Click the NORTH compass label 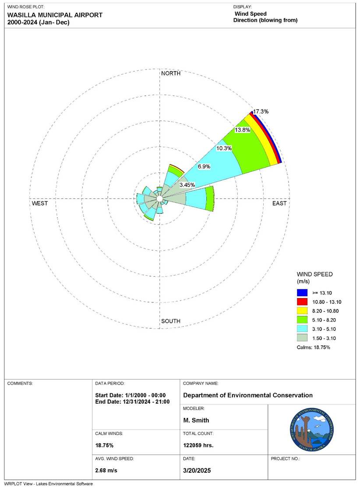tap(171, 74)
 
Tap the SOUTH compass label tap(171, 321)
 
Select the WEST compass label tap(40, 204)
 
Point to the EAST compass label tap(279, 204)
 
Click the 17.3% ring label tap(261, 112)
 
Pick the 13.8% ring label tap(242, 130)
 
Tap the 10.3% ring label tap(224, 148)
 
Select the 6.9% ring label tap(205, 167)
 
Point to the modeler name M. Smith tap(196, 420)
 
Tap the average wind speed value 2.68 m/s tap(106, 470)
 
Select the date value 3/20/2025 tap(198, 470)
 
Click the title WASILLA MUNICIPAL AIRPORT tap(55, 15)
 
